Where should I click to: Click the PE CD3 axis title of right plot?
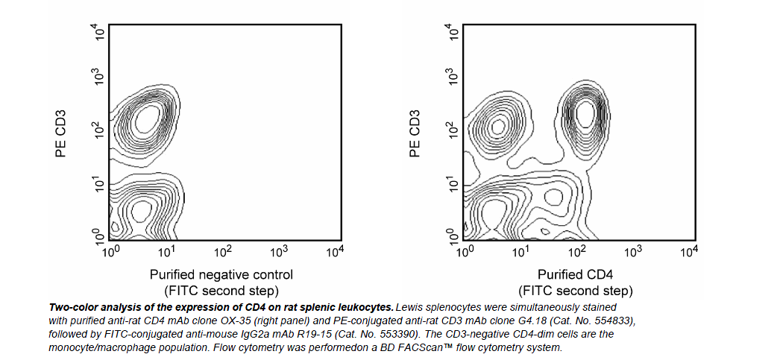[415, 134]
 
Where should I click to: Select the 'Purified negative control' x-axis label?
[221, 274]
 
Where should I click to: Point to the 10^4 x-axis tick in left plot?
[336, 251]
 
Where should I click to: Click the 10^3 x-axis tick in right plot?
[633, 251]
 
